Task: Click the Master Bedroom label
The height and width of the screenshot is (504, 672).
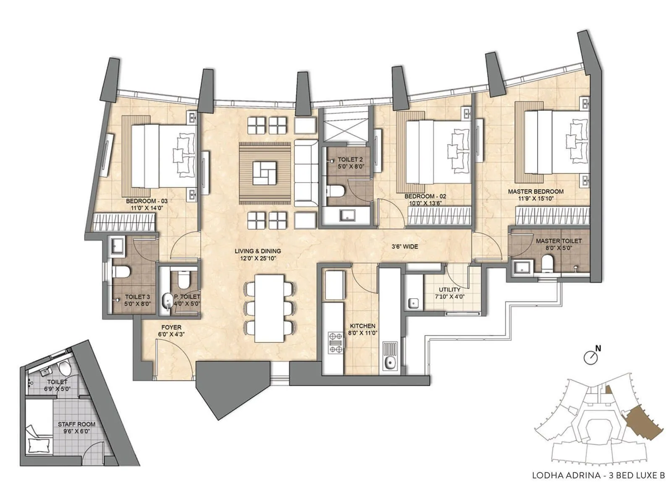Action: [x=535, y=192]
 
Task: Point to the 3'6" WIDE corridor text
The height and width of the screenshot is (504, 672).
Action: [x=404, y=247]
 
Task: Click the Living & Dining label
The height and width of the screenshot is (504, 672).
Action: [x=257, y=251]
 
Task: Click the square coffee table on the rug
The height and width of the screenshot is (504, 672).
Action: [x=265, y=173]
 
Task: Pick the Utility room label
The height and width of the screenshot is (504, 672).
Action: [x=449, y=290]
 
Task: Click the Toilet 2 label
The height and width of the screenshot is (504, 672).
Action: [x=350, y=160]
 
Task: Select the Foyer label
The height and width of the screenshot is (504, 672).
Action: [x=171, y=327]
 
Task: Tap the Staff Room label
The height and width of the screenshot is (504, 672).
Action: [x=76, y=424]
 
